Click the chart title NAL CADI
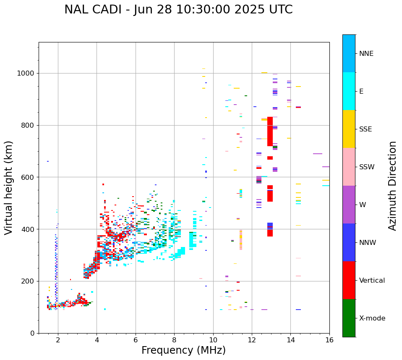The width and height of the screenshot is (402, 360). [178, 10]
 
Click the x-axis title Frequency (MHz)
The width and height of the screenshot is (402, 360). [183, 350]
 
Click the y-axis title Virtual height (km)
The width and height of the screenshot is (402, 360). [9, 187]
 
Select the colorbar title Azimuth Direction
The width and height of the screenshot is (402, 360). [392, 185]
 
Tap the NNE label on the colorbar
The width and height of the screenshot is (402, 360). [366, 54]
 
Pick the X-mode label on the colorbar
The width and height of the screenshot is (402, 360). [372, 318]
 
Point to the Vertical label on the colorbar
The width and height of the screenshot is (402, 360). [372, 281]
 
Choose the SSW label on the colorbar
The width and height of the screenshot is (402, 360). [367, 167]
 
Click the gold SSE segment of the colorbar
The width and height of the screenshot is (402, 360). [349, 129]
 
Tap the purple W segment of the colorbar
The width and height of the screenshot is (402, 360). [349, 205]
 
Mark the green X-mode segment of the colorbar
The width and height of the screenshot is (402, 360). [349, 318]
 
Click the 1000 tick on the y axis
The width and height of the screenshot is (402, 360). [26, 74]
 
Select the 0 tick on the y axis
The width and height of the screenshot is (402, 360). [33, 333]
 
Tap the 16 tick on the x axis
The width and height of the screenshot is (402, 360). [329, 340]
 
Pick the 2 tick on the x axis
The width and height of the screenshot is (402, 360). [58, 340]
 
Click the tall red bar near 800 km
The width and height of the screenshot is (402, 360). [270, 131]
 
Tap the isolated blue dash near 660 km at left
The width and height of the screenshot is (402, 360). [48, 161]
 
